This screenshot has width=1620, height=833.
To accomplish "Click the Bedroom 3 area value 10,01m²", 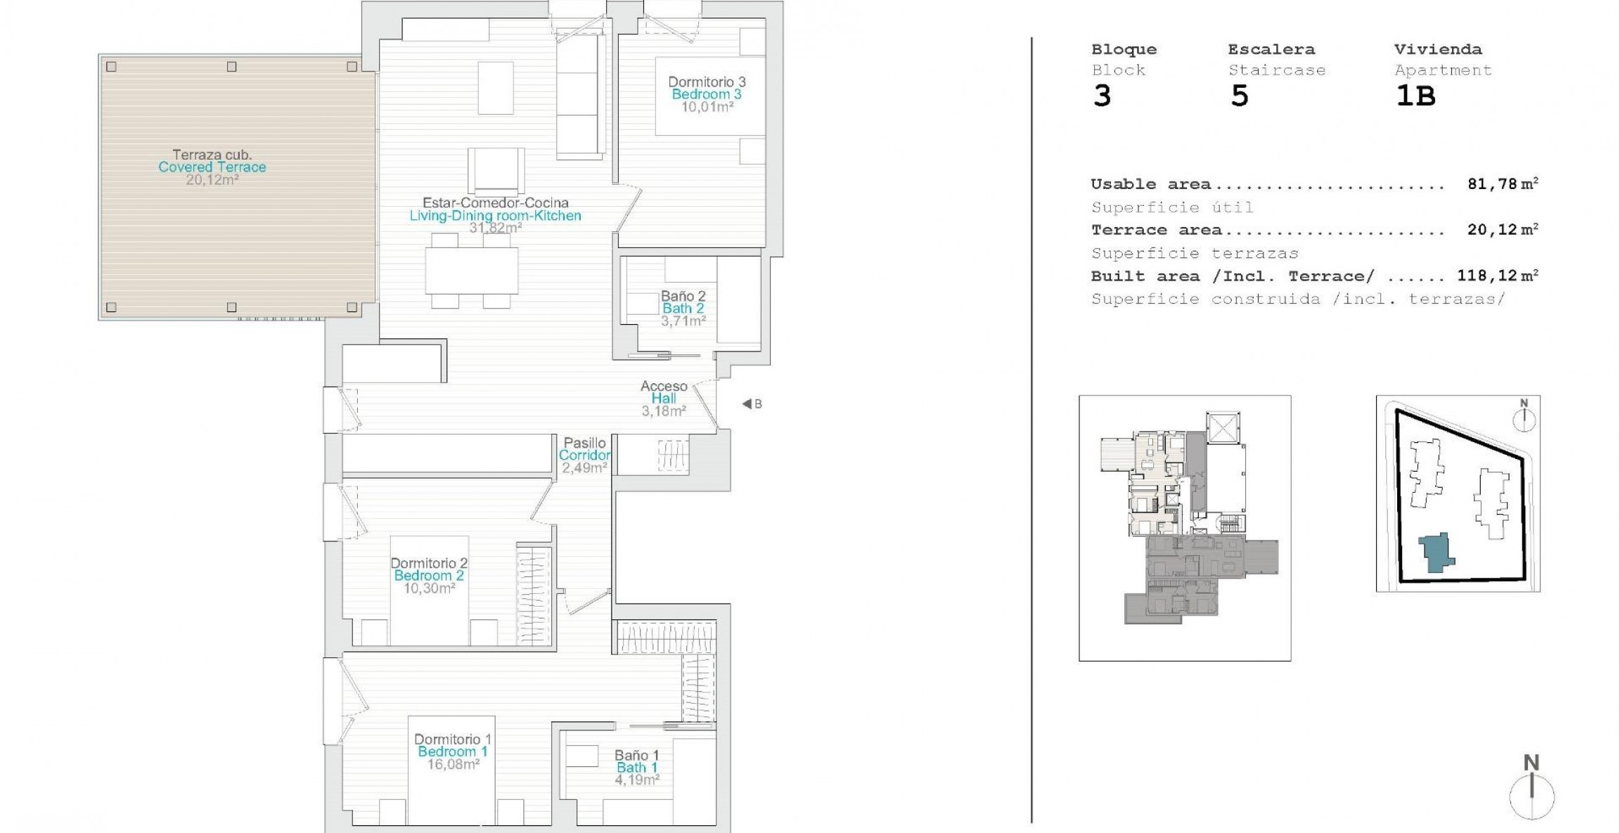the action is (x=707, y=107).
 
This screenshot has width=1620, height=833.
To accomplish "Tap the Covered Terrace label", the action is (x=212, y=167).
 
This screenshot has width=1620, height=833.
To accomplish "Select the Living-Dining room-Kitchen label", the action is (x=496, y=216).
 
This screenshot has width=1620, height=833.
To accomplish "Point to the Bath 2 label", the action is (x=683, y=309).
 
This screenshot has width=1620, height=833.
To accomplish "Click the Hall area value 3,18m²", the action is (x=664, y=411).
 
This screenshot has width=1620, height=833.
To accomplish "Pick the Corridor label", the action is (x=584, y=455).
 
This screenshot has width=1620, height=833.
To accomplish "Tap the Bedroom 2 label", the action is (x=429, y=576).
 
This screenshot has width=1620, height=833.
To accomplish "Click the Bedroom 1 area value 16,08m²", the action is (x=454, y=764).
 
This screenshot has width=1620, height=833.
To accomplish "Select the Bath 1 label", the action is (x=637, y=768).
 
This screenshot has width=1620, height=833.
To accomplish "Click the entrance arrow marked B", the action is (x=747, y=404).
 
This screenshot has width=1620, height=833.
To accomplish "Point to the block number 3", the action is (x=1102, y=96).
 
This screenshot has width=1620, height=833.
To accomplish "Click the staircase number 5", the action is (x=1240, y=96).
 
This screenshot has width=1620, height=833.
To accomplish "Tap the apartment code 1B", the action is (x=1415, y=96).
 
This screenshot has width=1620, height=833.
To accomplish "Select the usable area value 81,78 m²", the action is (x=1503, y=184).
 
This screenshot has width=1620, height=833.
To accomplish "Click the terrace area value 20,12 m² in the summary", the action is (x=1503, y=230).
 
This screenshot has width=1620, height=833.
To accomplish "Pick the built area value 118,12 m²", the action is (x=1498, y=276).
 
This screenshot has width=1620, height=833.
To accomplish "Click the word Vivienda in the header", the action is (x=1438, y=49).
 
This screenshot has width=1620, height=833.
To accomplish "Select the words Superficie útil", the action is (x=1172, y=207).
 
